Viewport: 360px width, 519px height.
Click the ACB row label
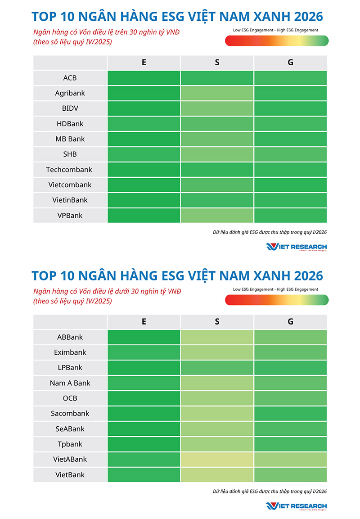tap(70, 78)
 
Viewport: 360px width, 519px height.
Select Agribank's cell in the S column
tap(217, 93)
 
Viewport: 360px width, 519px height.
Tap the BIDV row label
tap(70, 108)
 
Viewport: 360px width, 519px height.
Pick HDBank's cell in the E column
tap(144, 124)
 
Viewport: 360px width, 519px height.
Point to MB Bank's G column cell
tap(290, 139)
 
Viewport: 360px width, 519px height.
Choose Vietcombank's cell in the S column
tap(217, 185)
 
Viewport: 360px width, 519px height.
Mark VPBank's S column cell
tap(217, 216)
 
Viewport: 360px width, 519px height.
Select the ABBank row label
tap(70, 337)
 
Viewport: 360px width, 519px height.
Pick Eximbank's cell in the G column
tap(290, 352)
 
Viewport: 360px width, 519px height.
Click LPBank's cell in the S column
tap(217, 368)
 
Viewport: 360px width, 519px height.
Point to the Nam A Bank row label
tap(70, 383)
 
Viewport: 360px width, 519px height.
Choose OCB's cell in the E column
tap(144, 398)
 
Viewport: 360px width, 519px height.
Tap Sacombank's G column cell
tap(290, 414)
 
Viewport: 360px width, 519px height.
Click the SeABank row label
tap(70, 429)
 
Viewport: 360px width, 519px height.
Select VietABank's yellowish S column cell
tap(217, 460)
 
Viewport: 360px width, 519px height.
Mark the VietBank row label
tap(70, 475)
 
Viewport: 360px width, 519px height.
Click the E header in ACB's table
tap(144, 63)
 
